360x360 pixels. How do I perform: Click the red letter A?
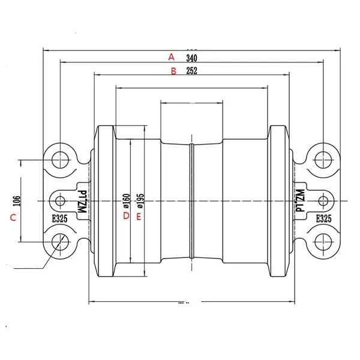[171, 57]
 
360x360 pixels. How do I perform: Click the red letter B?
[173, 71]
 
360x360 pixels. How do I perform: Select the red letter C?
[13, 218]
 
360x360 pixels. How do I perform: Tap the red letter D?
[126, 215]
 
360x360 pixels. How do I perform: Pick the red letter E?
[139, 215]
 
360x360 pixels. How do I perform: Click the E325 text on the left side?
[59, 219]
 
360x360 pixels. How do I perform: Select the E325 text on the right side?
[323, 219]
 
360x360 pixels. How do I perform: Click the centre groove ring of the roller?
[191, 200]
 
